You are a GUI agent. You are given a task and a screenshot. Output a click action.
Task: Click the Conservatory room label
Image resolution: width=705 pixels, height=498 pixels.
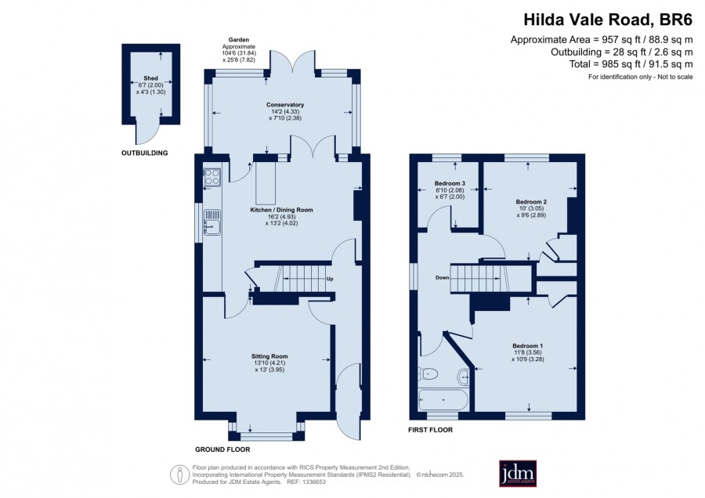(x=285, y=105)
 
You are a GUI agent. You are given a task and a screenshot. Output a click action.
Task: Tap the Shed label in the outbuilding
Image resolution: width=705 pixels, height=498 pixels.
(x=150, y=78)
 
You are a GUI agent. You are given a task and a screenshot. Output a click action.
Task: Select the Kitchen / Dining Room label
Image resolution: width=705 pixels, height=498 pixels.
(x=281, y=210)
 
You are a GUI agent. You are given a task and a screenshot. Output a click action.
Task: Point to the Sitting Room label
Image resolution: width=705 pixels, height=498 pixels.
(x=269, y=356)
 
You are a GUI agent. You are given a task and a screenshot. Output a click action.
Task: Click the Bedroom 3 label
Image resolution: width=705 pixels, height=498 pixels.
(x=450, y=183)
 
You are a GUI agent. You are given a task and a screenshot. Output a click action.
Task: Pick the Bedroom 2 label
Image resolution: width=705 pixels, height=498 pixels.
(x=531, y=202)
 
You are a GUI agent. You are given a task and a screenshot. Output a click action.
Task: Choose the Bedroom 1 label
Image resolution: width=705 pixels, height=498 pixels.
(x=527, y=345)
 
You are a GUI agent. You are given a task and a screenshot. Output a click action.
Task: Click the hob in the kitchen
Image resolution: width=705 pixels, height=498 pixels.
(x=212, y=177)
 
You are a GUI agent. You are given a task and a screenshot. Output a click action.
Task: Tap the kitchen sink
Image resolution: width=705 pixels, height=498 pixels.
(x=212, y=222)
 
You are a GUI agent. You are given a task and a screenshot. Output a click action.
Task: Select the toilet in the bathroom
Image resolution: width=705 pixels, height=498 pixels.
(x=428, y=373)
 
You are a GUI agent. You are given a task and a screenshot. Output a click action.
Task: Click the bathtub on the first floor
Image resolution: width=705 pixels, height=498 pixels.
(x=443, y=399)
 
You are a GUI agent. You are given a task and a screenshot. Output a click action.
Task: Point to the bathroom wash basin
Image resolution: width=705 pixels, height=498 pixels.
(x=464, y=376)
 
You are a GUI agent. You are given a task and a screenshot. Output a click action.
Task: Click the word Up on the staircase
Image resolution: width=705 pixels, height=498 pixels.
(x=330, y=279)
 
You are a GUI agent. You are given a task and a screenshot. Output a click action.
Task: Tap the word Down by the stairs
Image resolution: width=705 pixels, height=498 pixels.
(x=442, y=278)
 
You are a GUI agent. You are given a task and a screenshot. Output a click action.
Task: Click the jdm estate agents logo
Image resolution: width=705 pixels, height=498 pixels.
(x=518, y=473)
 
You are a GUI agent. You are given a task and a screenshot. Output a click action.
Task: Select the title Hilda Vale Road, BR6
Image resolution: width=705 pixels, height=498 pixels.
(x=608, y=20)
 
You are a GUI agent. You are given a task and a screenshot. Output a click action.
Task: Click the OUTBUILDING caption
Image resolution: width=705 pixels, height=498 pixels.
(x=144, y=153)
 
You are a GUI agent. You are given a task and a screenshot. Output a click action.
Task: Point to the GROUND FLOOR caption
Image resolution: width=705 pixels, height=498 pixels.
(x=222, y=449)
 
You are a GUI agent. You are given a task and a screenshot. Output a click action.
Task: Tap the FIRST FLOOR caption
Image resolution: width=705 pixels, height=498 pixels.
(x=430, y=430)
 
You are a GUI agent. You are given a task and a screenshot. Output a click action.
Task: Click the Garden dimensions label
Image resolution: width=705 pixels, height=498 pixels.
(x=239, y=49)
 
